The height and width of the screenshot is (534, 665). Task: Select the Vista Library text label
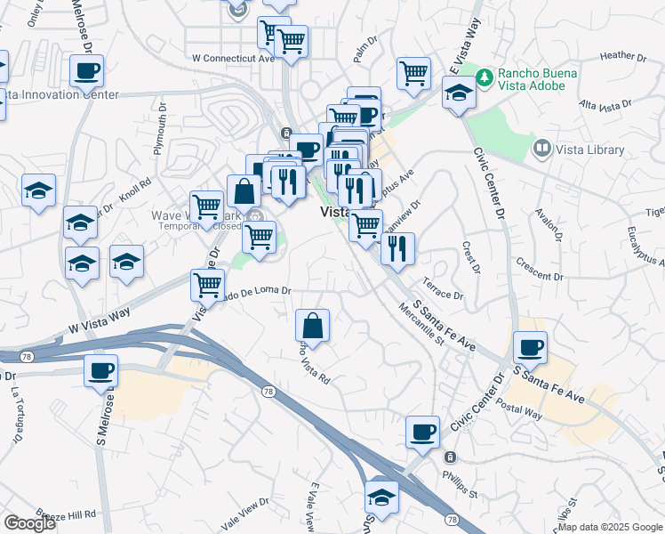point(590,150)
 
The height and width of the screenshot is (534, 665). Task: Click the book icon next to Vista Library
point(541,147)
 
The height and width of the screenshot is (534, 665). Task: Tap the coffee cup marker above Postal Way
point(530,346)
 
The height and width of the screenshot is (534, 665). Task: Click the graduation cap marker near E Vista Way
point(458,93)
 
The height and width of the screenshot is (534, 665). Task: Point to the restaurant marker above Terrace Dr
point(397,247)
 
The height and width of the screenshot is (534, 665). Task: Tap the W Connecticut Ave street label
point(234,58)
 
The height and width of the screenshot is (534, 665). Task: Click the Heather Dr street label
point(622,55)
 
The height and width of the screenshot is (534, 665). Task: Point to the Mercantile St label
point(421,327)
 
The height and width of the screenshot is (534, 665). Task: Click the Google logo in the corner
point(30,523)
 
